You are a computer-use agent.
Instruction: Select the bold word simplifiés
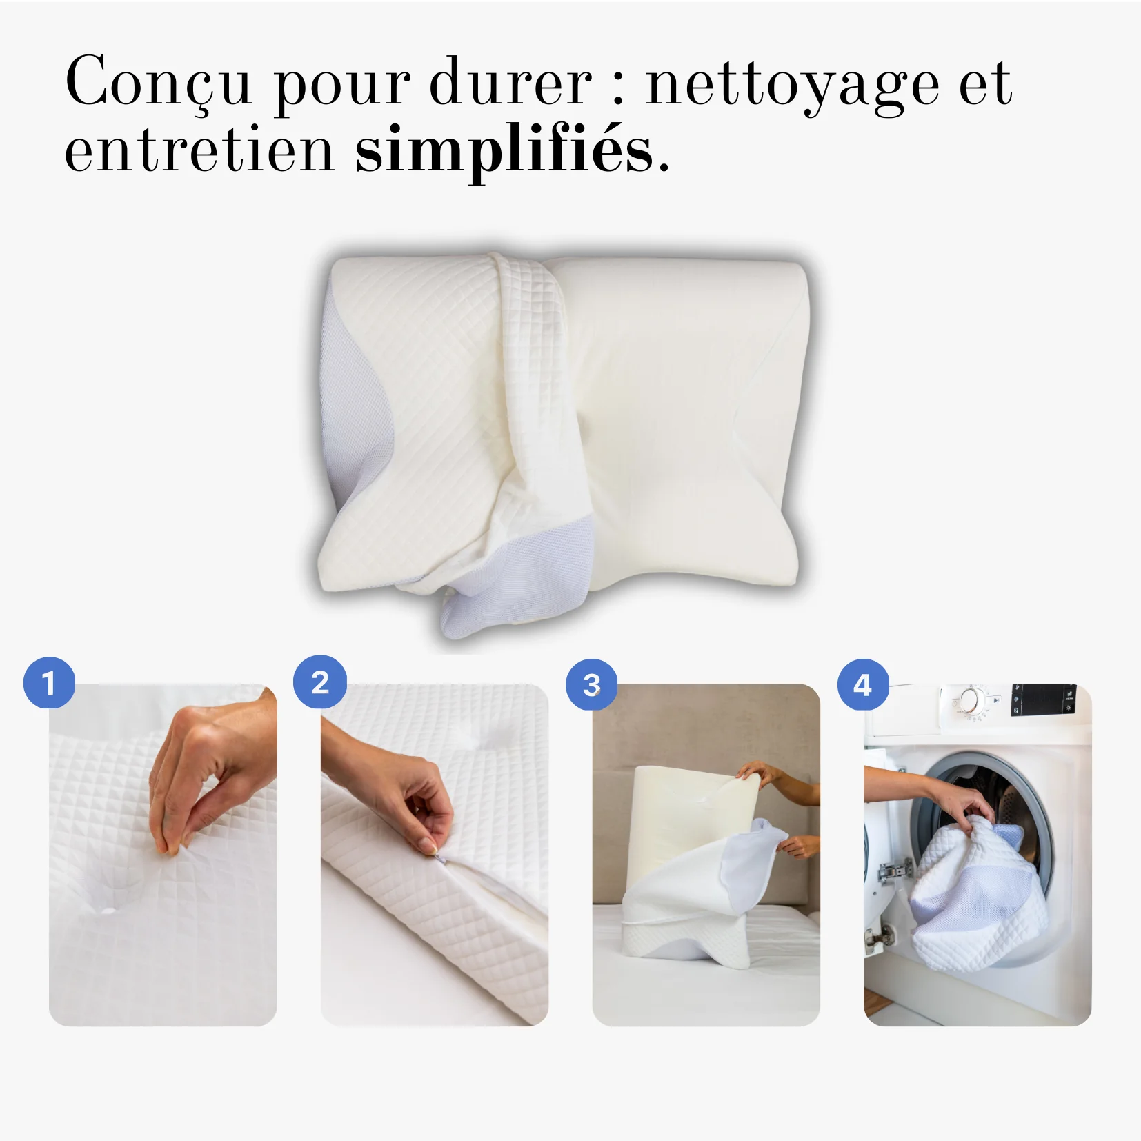tap(504, 150)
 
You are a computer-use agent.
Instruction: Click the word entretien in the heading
tap(199, 150)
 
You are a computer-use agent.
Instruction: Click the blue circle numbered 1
tap(49, 683)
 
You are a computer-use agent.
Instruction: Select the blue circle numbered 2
tap(320, 682)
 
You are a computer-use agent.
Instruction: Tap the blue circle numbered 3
tap(592, 684)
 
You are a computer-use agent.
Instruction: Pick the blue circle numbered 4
tap(863, 684)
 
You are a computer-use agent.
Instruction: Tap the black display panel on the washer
tap(1043, 700)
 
